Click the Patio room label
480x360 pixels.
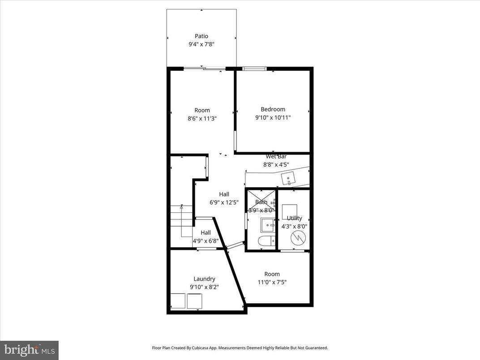(201, 36)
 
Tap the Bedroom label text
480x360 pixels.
(273, 109)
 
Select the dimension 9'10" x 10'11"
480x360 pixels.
(273, 118)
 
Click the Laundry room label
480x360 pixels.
(204, 279)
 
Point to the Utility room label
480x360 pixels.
(294, 218)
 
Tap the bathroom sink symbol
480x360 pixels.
(267, 223)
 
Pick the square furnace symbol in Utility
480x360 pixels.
(289, 211)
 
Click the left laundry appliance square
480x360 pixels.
(178, 301)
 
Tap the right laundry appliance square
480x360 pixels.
(195, 301)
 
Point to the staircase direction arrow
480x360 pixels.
(181, 207)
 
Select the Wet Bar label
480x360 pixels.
(276, 157)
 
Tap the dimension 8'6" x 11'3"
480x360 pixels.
(202, 119)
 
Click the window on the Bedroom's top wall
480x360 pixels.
(254, 69)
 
